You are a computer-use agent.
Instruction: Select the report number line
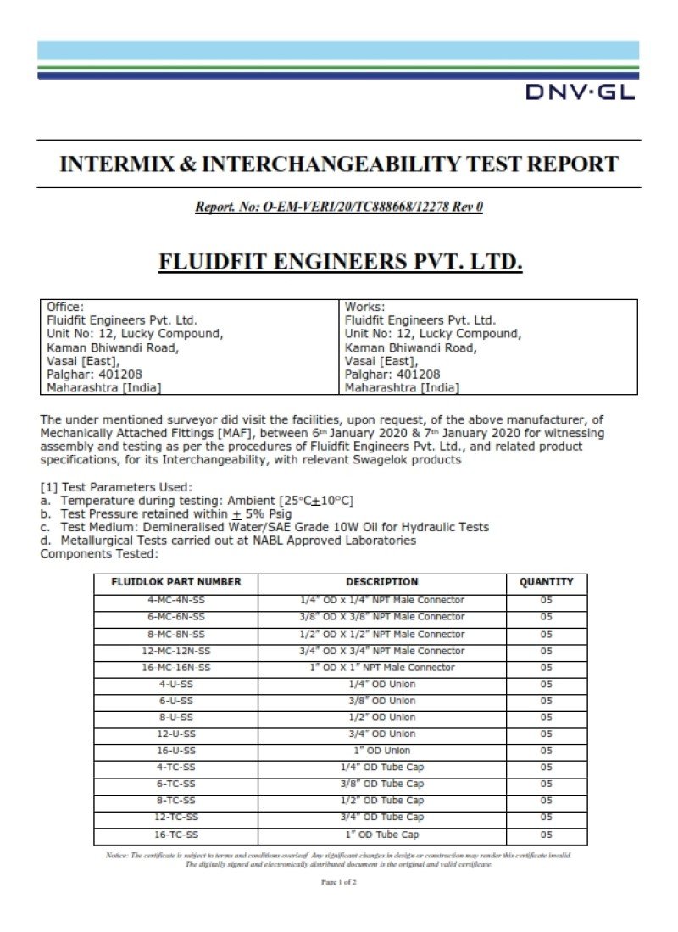339,206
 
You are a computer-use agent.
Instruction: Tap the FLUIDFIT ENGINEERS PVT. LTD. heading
341,262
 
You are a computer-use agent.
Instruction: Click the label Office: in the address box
65,307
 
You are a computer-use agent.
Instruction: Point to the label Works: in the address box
365,307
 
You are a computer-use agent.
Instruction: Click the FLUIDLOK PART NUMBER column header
176,582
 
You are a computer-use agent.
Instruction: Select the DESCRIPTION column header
381,582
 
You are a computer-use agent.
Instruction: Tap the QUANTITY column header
546,582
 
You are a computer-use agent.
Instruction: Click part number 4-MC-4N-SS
176,600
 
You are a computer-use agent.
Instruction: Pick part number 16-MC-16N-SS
176,668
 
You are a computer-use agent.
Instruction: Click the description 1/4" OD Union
381,684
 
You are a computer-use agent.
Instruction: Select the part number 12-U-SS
176,734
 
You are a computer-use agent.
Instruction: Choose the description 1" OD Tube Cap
381,835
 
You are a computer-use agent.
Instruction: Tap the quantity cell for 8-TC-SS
546,801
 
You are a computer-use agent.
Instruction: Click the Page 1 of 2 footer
339,882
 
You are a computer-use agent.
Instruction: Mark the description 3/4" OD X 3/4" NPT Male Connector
381,651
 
